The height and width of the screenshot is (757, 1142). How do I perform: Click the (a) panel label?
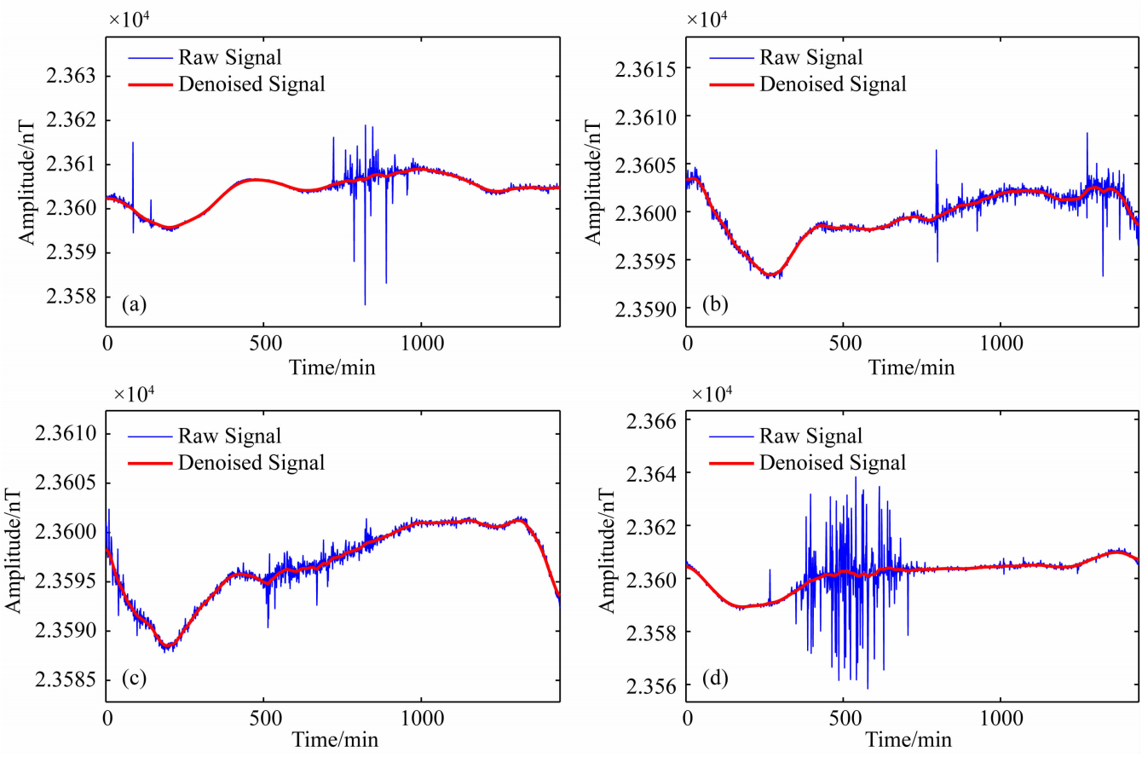133,304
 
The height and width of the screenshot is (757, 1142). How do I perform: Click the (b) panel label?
713,304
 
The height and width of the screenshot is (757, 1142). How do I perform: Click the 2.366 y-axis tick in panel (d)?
652,421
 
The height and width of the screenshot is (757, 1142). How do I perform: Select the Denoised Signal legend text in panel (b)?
832,84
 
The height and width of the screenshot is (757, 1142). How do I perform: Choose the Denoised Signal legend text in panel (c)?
251,463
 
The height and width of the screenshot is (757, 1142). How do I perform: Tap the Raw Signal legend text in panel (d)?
810,436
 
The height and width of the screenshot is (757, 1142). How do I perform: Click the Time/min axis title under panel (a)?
332,367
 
